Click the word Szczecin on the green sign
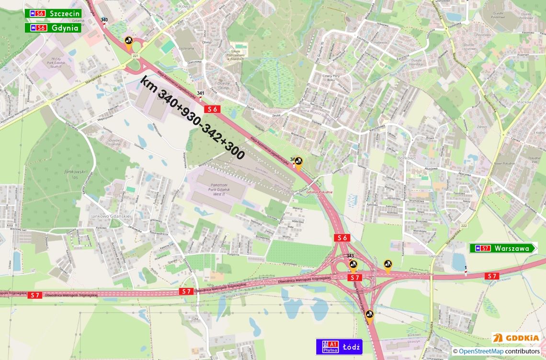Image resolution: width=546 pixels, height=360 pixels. (64, 13)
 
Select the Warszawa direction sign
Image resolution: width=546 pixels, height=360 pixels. (503, 248)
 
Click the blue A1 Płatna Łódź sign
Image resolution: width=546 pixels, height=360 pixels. (339, 347)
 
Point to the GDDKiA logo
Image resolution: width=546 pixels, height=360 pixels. (516, 338)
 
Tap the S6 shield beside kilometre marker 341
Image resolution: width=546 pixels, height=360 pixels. (212, 109)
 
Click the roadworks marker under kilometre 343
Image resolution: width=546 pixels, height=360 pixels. (353, 265)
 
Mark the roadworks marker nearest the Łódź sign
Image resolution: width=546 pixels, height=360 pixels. (369, 315)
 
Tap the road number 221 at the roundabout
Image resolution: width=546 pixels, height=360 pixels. (136, 56)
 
